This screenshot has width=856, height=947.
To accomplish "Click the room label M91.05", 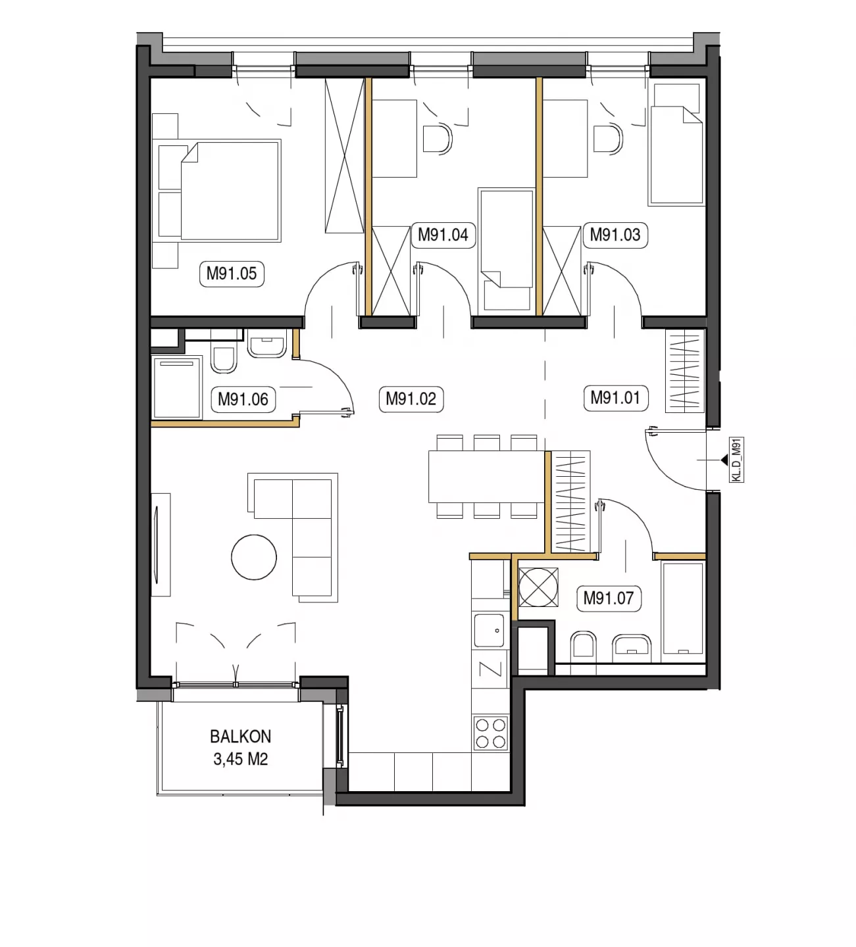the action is (232, 274).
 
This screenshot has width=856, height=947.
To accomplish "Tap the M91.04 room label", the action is (443, 235).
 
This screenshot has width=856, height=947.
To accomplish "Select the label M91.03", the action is (615, 235).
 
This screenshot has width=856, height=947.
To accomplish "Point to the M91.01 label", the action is (616, 398).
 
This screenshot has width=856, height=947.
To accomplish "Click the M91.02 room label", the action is (411, 399).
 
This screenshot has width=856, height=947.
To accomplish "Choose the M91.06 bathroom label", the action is (243, 400).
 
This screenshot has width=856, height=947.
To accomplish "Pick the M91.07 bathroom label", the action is (609, 598).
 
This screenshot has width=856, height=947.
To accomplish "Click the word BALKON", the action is (240, 737).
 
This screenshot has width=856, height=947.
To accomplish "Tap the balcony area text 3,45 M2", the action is (240, 759).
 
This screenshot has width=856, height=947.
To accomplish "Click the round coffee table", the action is (254, 557).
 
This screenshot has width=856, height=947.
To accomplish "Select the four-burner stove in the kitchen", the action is (490, 733).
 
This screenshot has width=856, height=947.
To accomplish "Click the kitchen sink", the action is (490, 630).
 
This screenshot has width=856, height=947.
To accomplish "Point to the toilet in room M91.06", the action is (224, 360).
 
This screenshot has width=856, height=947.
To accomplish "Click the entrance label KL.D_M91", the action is (736, 460).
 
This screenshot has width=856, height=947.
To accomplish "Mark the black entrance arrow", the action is (724, 460).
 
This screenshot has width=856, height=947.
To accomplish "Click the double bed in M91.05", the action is (217, 191).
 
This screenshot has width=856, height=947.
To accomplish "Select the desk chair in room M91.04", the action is (437, 139).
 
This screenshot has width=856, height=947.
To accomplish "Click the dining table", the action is (487, 477).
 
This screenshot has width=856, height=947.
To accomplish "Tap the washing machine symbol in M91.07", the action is (539, 587).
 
